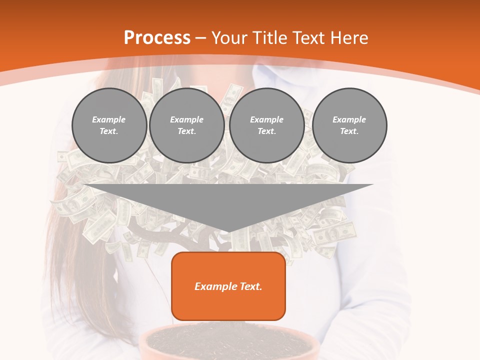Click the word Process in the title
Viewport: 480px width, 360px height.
pos(157,37)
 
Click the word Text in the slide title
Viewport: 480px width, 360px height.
pos(309,38)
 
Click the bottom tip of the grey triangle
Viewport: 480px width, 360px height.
pos(228,231)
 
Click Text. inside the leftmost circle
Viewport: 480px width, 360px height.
pos(109,131)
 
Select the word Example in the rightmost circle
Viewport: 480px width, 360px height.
pos(349,119)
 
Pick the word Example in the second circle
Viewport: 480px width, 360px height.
pos(186,119)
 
